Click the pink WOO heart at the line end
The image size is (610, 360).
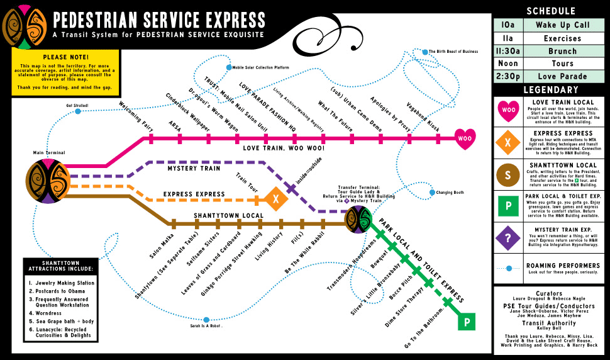click(465, 137)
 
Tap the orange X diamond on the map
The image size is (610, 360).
click(275, 199)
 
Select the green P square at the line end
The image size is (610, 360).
click(467, 322)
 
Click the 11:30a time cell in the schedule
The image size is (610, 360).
click(507, 51)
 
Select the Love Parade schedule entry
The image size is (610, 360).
click(562, 77)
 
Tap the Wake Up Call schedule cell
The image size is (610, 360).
click(562, 25)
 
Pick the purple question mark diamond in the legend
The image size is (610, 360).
click(507, 237)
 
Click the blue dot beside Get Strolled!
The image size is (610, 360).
click(78, 111)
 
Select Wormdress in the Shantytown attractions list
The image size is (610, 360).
click(49, 312)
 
